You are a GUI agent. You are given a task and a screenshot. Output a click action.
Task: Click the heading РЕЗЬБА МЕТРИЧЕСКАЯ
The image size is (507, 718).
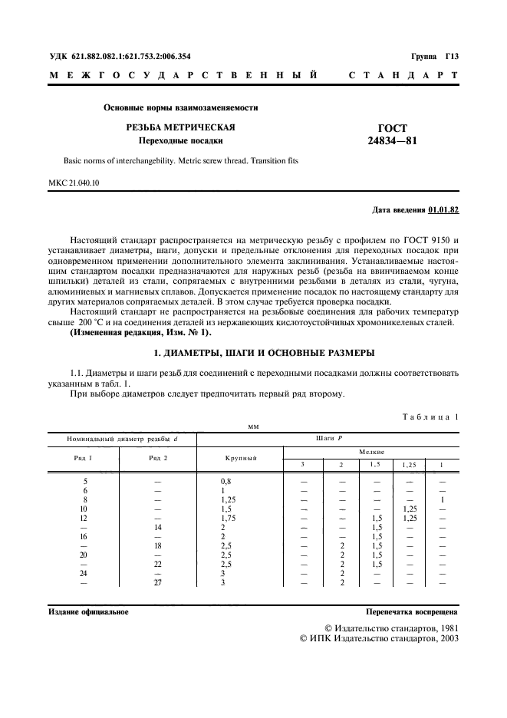pyautogui.click(x=181, y=127)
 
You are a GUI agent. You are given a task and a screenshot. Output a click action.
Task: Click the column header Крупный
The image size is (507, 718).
pyautogui.click(x=239, y=458)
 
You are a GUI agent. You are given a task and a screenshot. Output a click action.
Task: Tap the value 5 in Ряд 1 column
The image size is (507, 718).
pyautogui.click(x=84, y=481)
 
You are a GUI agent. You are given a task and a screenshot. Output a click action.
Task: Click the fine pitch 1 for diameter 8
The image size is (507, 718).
pyautogui.click(x=443, y=499)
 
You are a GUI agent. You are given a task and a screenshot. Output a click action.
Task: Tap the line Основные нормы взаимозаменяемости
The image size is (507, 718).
pyautogui.click(x=181, y=108)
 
